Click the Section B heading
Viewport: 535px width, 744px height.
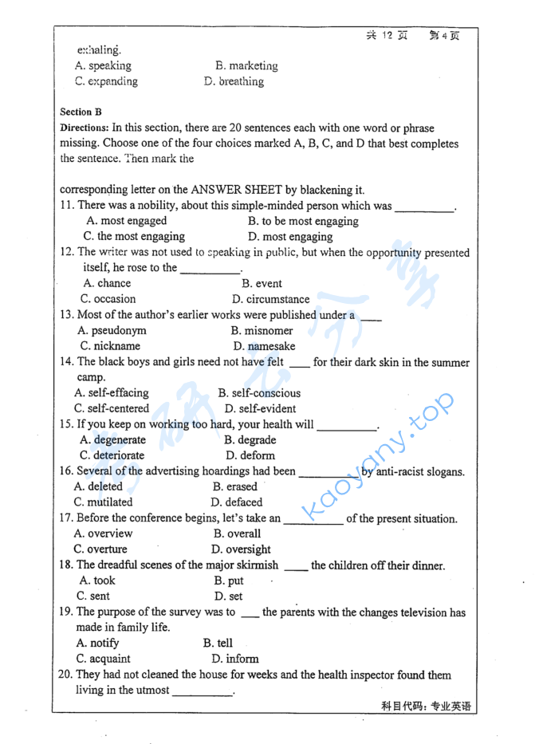pyautogui.click(x=81, y=112)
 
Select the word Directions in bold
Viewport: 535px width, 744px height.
pyautogui.click(x=84, y=128)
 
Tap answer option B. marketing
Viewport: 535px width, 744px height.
pyautogui.click(x=246, y=66)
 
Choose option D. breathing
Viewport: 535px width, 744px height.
pyautogui.click(x=234, y=81)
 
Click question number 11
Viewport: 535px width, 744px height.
pyautogui.click(x=67, y=206)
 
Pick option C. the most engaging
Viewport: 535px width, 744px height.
pyautogui.click(x=134, y=237)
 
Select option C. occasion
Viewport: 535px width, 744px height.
pyautogui.click(x=108, y=299)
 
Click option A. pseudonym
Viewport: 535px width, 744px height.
pyautogui.click(x=112, y=330)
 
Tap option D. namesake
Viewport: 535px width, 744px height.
pyautogui.click(x=264, y=346)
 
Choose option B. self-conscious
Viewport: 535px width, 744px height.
pyautogui.click(x=259, y=393)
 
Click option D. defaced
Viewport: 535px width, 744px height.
pyautogui.click(x=236, y=502)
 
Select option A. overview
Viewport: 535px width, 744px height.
pyautogui.click(x=104, y=533)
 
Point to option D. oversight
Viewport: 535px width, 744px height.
pyautogui.click(x=241, y=549)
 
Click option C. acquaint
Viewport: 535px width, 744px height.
pyautogui.click(x=104, y=659)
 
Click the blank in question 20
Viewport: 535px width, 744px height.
pyautogui.click(x=203, y=691)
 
